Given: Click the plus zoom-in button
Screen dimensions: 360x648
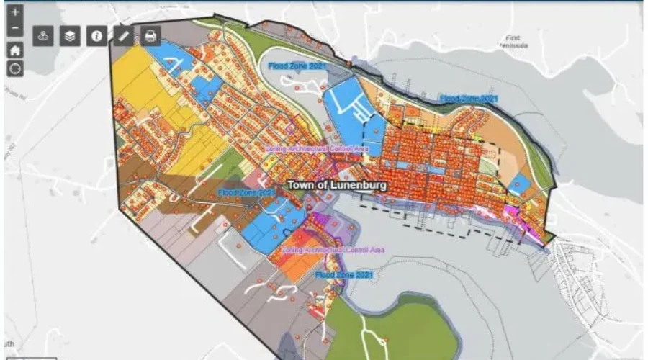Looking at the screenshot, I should tap(15, 12).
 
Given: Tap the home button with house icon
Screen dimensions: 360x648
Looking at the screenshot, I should tap(15, 50).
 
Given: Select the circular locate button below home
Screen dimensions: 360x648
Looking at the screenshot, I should tap(15, 68).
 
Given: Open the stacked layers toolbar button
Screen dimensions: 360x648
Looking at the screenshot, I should tap(70, 36).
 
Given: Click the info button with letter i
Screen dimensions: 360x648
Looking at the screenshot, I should tap(96, 36).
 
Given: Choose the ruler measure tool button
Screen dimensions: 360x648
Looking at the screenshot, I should tap(123, 36).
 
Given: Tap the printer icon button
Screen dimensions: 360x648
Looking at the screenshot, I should tap(150, 36).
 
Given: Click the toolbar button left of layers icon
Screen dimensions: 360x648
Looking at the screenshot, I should tap(43, 36).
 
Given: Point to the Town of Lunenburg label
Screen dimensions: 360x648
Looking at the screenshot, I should tap(337, 185).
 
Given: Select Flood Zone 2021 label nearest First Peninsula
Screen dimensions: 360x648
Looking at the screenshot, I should tap(469, 98).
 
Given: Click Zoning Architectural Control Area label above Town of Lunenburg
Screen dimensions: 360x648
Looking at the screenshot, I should tap(317, 149).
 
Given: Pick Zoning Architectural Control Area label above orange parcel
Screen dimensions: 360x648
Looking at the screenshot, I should tap(332, 250).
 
